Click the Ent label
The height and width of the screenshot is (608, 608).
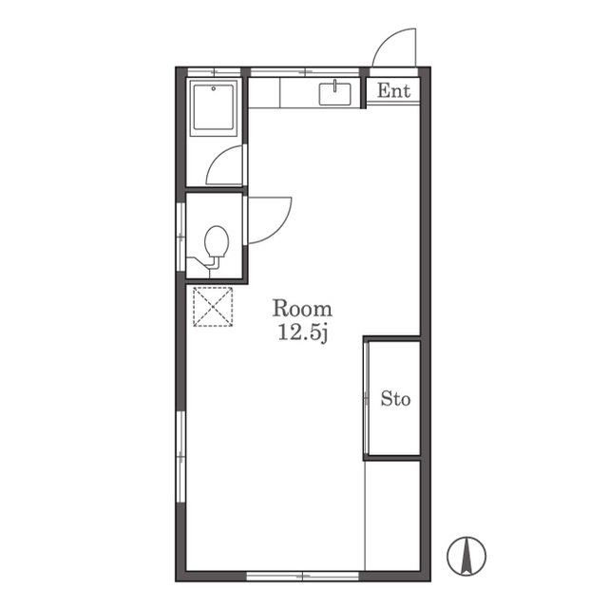pyautogui.click(x=393, y=91)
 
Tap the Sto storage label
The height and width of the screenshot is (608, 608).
pyautogui.click(x=395, y=399)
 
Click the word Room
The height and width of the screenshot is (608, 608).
pyautogui.click(x=302, y=309)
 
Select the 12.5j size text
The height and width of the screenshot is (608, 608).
pyautogui.click(x=303, y=333)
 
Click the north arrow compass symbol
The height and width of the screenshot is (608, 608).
pyautogui.click(x=466, y=556)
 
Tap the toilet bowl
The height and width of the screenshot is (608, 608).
pyautogui.click(x=217, y=241)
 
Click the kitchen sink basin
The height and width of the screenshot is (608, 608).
pyautogui.click(x=334, y=94)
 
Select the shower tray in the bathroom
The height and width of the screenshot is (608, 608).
pyautogui.click(x=214, y=107)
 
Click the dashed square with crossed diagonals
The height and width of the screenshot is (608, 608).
pyautogui.click(x=213, y=307)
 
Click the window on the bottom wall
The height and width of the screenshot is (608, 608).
pyautogui.click(x=303, y=576)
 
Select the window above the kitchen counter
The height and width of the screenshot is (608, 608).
pyautogui.click(x=305, y=72)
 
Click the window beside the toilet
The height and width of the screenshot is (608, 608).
pyautogui.click(x=181, y=237)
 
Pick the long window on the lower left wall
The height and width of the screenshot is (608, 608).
pyautogui.click(x=181, y=456)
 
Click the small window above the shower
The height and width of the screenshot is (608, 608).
pyautogui.click(x=215, y=72)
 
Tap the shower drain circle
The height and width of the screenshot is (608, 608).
pyautogui.click(x=213, y=88)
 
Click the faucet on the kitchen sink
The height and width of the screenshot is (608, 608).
pyautogui.click(x=334, y=85)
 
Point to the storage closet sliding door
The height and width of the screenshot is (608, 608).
pyautogui.click(x=366, y=398)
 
